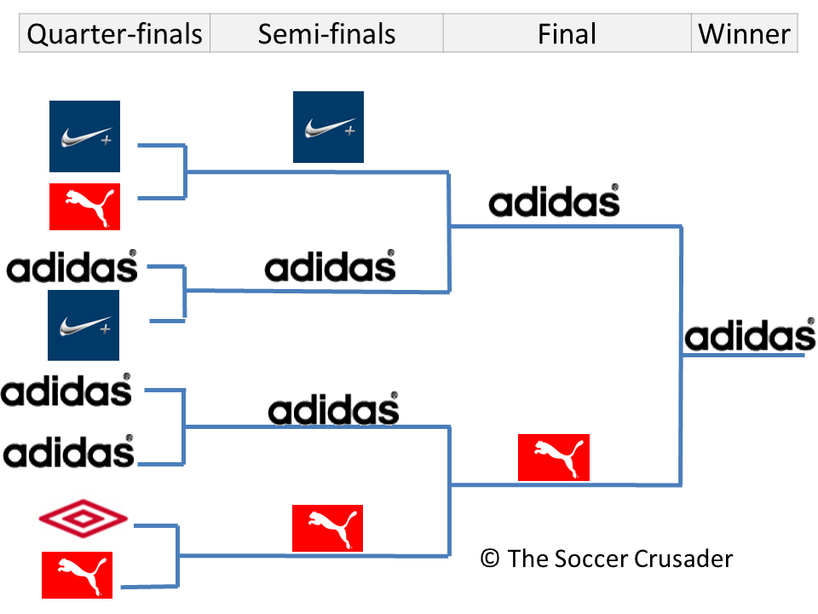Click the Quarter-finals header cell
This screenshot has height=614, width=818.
tap(115, 34)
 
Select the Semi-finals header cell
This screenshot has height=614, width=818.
tap(326, 34)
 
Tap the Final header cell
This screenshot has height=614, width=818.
tap(567, 34)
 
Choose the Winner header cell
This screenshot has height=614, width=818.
tap(744, 34)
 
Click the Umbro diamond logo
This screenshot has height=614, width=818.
tap(84, 518)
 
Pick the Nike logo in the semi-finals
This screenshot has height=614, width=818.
tap(328, 127)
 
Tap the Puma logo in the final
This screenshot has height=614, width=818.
tap(554, 458)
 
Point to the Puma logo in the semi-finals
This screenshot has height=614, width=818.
tap(327, 528)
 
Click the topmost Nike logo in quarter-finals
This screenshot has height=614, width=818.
tap(84, 136)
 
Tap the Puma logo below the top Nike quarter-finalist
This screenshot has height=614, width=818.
tap(84, 206)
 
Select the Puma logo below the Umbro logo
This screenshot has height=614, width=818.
tap(77, 574)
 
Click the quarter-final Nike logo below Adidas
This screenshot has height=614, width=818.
tap(84, 325)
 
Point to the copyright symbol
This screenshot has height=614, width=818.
tap(490, 559)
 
